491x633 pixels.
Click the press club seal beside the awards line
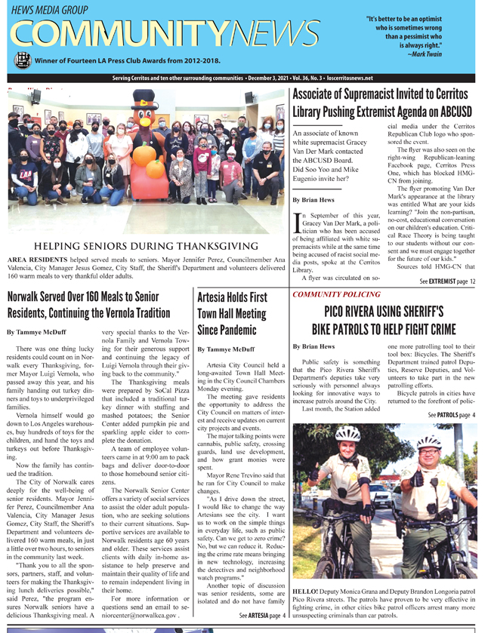[x=23, y=60]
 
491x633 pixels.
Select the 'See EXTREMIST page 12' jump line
[x=447, y=281]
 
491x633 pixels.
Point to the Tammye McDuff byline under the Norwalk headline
[x=35, y=332]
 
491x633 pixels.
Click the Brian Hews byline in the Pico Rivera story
[x=313, y=346]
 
